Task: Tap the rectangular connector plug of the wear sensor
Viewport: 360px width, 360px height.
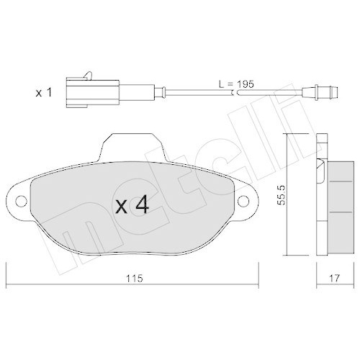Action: tap(86, 91)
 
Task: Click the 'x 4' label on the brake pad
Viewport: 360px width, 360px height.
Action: tap(132, 206)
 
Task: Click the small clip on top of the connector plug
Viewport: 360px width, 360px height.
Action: tap(87, 74)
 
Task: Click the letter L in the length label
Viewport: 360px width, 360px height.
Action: tap(220, 84)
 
